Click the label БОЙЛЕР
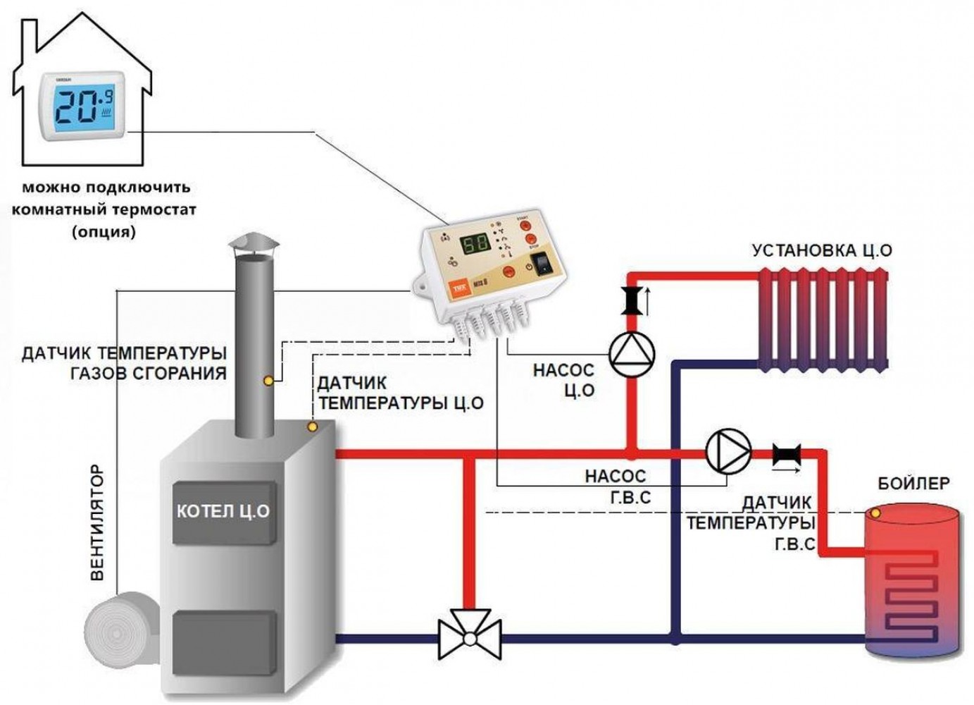click(913, 484)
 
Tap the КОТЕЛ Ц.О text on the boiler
click(223, 511)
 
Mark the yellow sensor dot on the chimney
click(268, 381)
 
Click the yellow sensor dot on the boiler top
click(313, 427)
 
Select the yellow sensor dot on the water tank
click(875, 513)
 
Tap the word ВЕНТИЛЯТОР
click(98, 522)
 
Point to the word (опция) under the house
click(104, 231)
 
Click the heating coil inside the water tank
click(912, 596)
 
